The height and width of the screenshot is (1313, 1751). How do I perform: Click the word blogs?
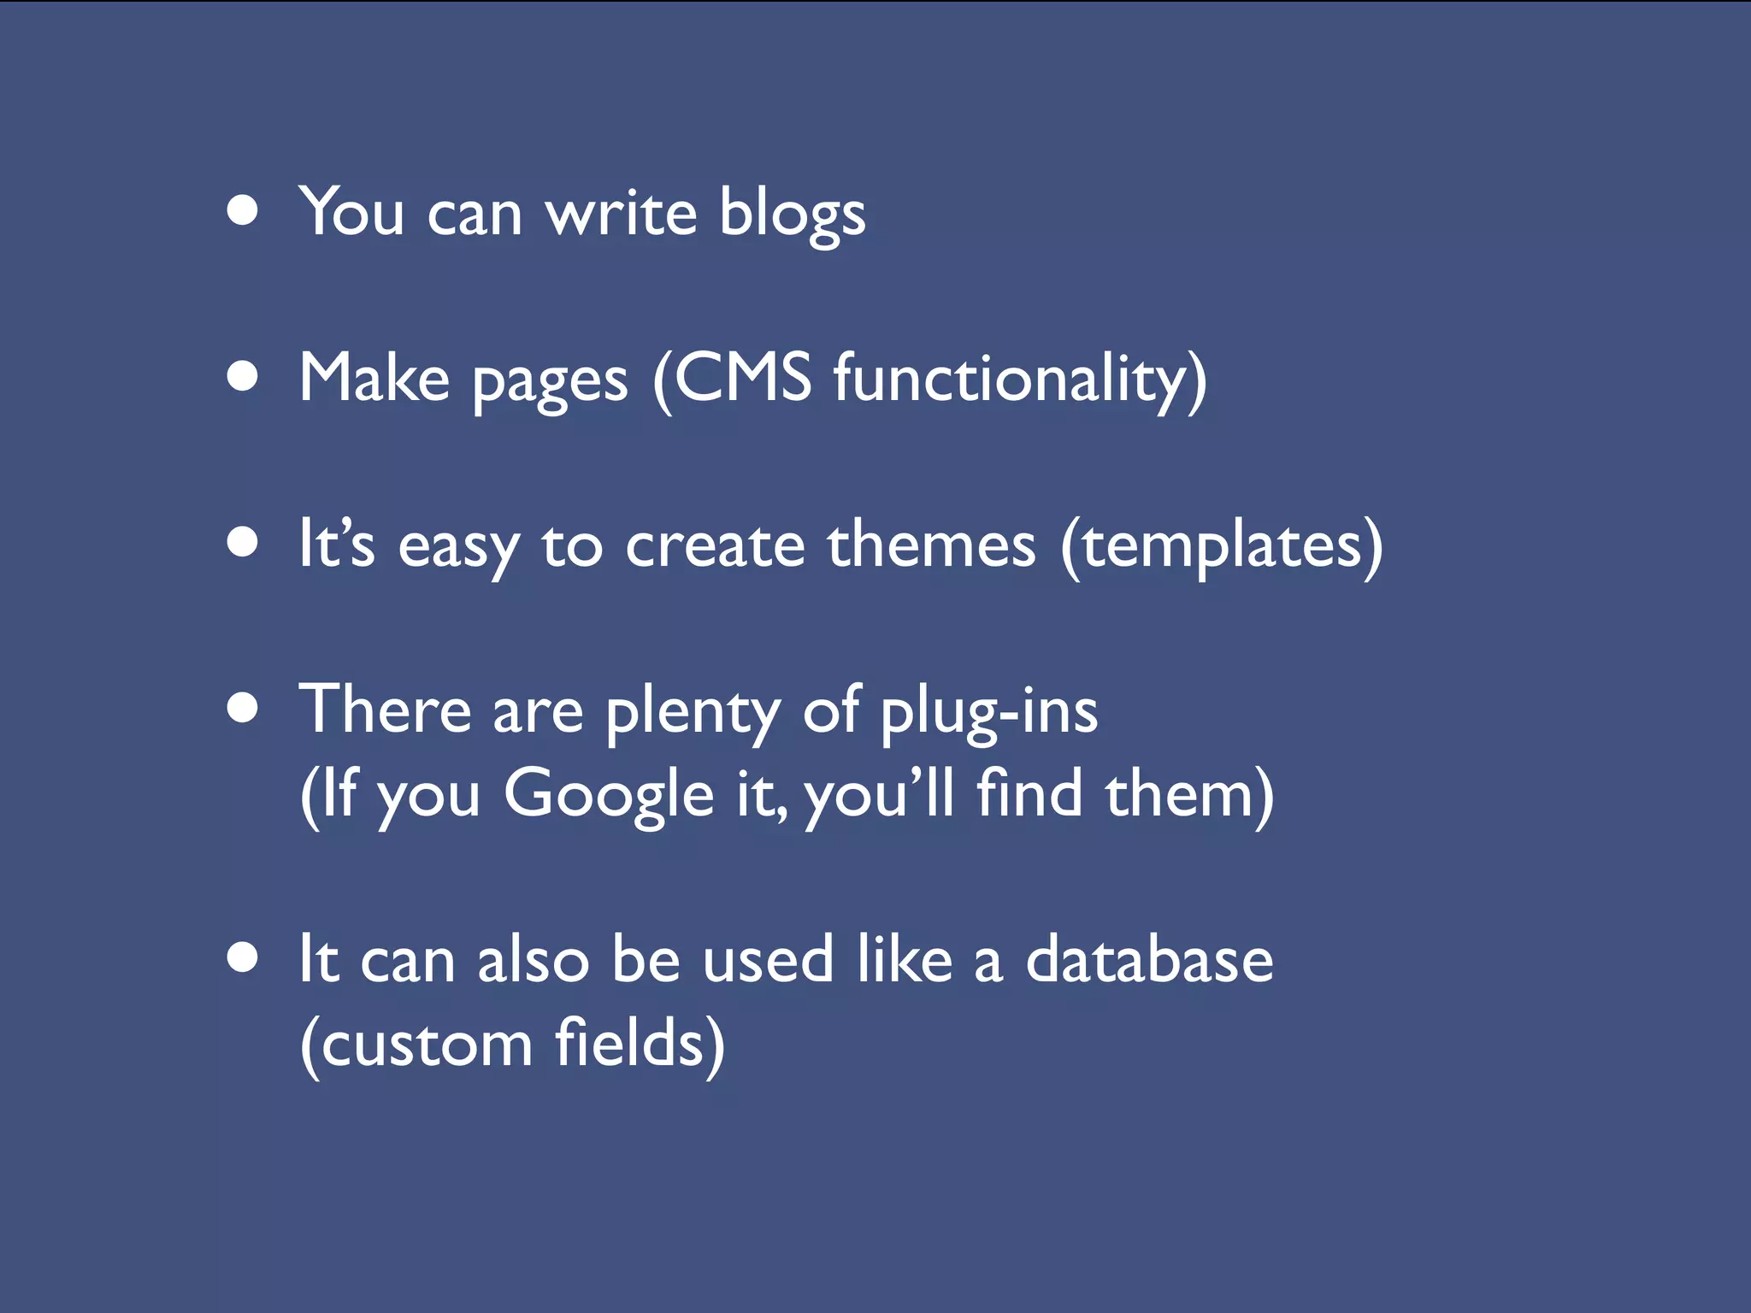click(x=792, y=214)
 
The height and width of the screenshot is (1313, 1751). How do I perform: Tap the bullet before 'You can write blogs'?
click(x=244, y=210)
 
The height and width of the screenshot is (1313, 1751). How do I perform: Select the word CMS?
click(x=742, y=378)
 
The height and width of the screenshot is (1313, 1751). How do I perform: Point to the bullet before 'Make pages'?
click(x=244, y=376)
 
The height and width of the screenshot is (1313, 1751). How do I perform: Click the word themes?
click(x=931, y=545)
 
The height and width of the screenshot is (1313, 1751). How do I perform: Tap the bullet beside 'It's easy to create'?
click(x=244, y=542)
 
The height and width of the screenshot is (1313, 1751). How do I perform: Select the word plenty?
click(x=693, y=713)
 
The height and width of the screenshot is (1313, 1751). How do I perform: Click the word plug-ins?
click(x=989, y=713)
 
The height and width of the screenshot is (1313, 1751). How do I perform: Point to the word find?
click(x=1030, y=792)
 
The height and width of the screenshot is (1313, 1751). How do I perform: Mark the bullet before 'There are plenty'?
click(x=244, y=708)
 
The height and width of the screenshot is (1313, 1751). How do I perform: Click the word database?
click(x=1149, y=959)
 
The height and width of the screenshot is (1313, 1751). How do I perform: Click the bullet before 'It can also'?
click(x=244, y=958)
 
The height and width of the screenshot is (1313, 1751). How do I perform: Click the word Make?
click(x=374, y=378)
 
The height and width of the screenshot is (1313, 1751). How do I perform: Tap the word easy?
click(x=458, y=547)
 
